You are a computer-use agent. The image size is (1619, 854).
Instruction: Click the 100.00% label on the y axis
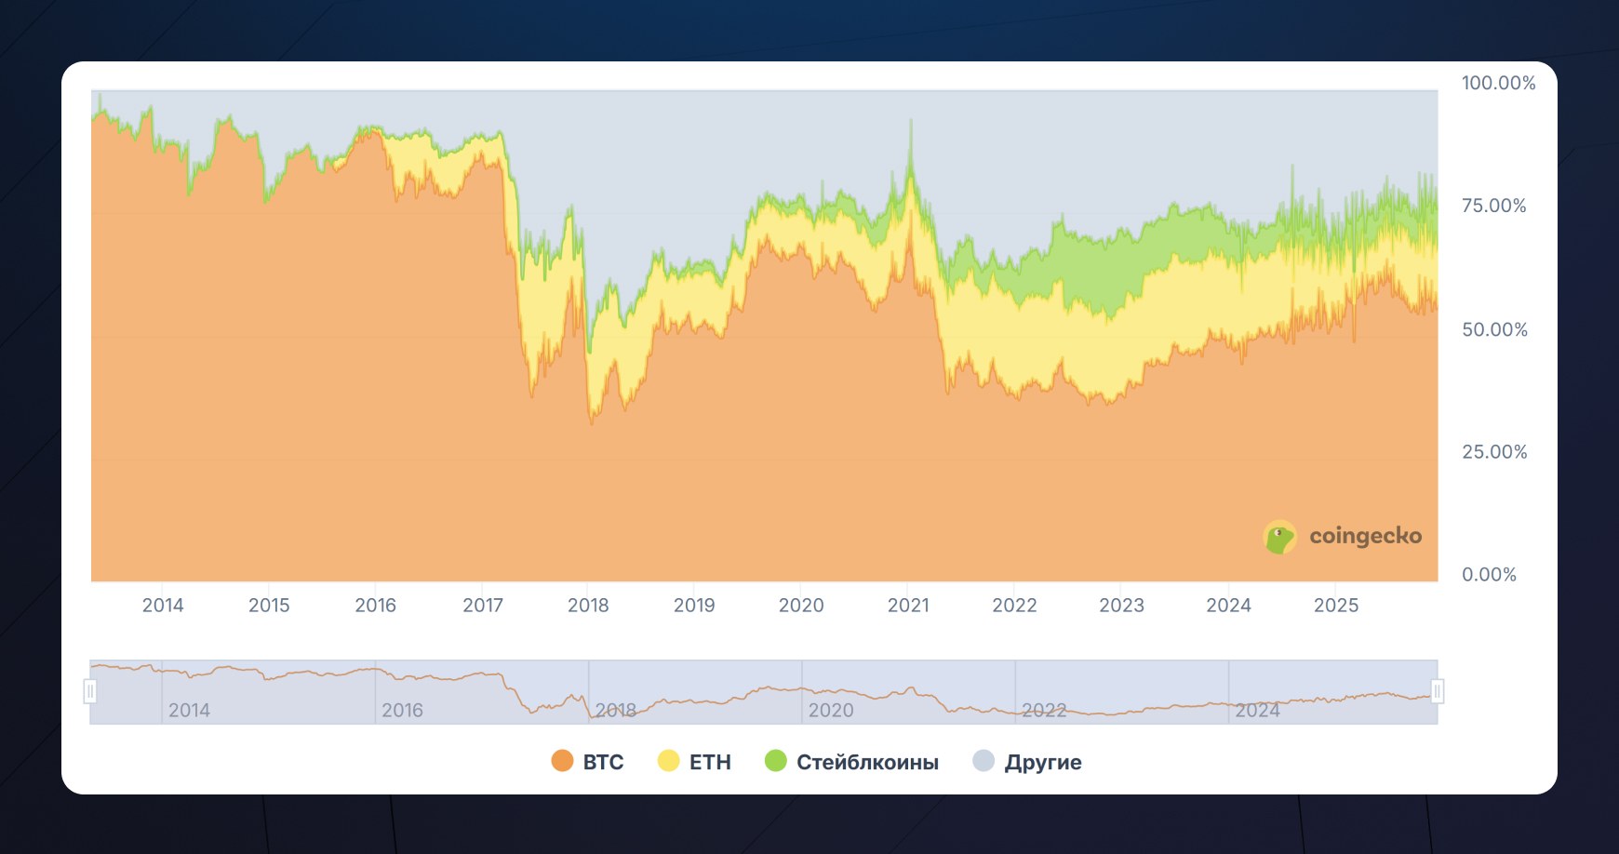(1498, 83)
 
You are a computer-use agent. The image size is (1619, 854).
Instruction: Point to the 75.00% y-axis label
(1493, 206)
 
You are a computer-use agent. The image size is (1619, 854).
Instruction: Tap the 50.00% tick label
(1494, 329)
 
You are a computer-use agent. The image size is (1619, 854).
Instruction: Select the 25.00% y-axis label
(1494, 452)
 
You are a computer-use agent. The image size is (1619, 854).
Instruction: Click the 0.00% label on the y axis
(1489, 575)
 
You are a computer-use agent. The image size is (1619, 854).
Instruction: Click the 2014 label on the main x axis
(163, 606)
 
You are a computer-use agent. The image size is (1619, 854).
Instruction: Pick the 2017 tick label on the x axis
(483, 606)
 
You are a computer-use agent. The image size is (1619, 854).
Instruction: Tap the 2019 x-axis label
(694, 606)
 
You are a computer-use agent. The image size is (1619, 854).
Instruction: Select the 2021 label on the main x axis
(908, 606)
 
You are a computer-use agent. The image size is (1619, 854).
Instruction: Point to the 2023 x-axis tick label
(1121, 606)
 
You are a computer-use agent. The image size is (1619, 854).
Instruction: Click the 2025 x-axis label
(1336, 606)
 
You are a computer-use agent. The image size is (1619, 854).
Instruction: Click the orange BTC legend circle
(562, 761)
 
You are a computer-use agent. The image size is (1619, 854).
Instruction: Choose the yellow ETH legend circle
(668, 761)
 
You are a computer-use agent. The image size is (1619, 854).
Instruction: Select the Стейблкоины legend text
(867, 763)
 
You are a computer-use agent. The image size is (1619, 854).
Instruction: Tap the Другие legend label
(1043, 763)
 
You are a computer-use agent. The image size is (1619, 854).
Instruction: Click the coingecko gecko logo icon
(1280, 537)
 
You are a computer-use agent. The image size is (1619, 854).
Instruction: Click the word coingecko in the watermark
(1365, 536)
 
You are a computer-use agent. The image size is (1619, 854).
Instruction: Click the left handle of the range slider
(90, 691)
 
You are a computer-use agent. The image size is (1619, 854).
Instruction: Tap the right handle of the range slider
(1437, 691)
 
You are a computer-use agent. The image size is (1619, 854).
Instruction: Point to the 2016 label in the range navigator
(402, 711)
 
